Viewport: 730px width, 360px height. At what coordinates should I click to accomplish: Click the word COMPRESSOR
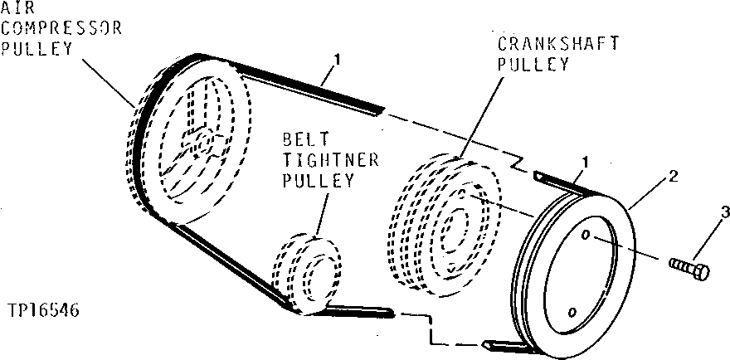pos(61,28)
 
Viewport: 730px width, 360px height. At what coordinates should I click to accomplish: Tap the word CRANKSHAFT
pos(557,45)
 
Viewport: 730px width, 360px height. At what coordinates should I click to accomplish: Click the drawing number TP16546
pos(46,310)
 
